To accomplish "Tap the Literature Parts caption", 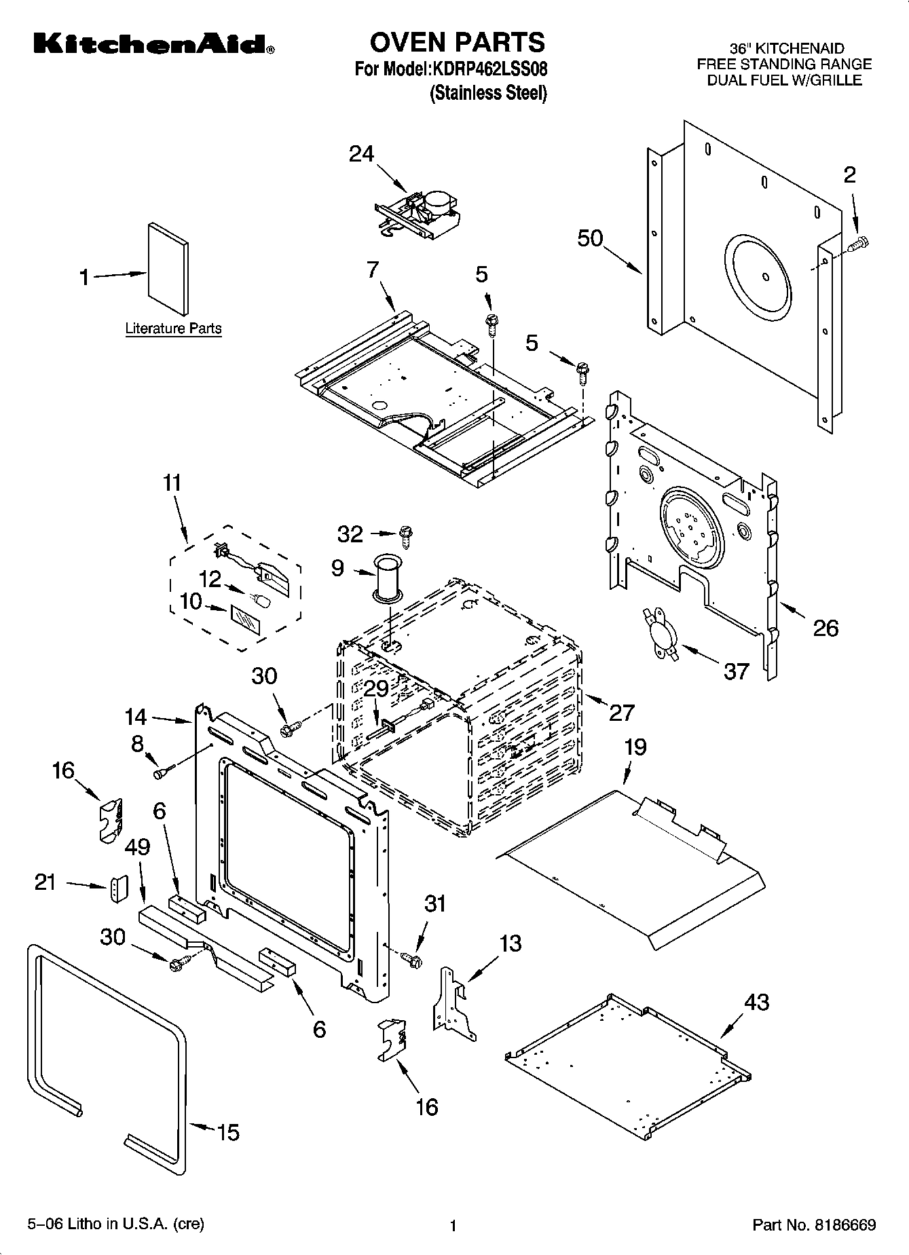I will click(x=173, y=329).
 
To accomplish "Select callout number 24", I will click(x=361, y=154).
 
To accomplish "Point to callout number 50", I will click(x=590, y=238).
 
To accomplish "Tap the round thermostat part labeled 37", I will click(x=659, y=631).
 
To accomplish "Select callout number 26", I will click(x=825, y=628).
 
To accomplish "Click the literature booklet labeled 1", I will click(x=168, y=269).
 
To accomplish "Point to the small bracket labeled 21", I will click(x=119, y=888).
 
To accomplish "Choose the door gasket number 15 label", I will click(x=228, y=1131).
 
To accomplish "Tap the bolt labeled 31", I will click(x=411, y=959).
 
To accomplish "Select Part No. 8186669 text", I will click(x=814, y=1225).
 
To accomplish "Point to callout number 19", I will click(x=635, y=747).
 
